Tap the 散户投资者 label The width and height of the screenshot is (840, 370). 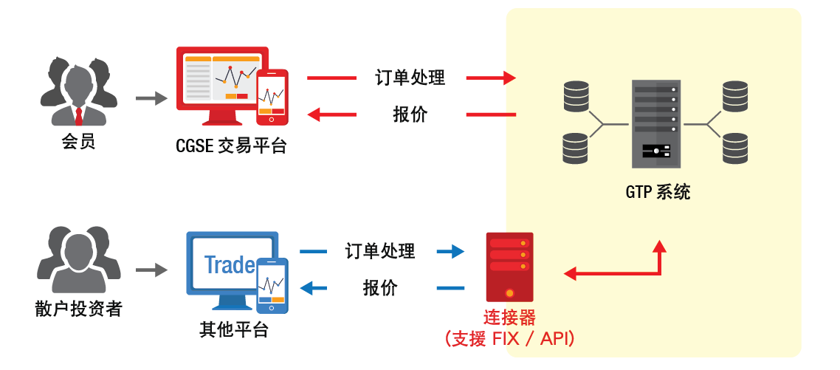(78, 309)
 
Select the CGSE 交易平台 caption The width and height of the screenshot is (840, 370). (231, 145)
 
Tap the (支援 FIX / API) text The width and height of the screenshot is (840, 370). (509, 339)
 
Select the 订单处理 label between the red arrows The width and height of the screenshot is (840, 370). (410, 78)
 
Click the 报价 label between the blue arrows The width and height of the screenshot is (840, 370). (380, 288)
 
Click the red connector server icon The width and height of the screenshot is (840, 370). (509, 266)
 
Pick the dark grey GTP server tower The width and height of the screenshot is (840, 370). (655, 124)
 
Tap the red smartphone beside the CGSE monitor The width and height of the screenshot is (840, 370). (272, 97)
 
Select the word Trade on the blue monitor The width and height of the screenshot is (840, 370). (230, 265)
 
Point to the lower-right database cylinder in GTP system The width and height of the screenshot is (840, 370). (735, 148)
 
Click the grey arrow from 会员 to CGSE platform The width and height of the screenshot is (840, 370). (152, 97)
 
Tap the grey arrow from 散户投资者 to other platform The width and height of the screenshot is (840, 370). (152, 270)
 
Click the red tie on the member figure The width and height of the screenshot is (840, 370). (78, 116)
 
